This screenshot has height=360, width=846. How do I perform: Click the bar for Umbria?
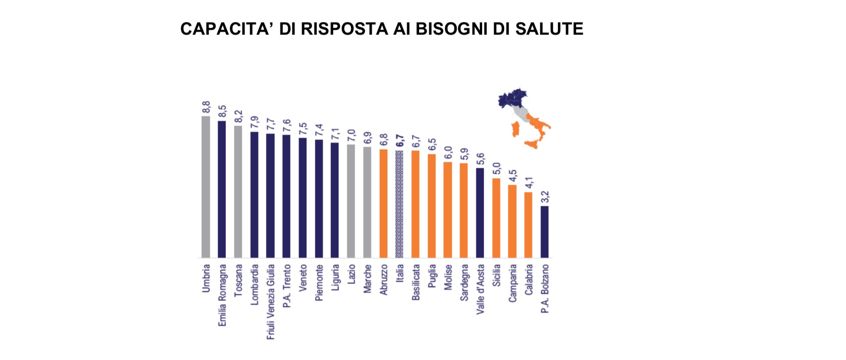206,187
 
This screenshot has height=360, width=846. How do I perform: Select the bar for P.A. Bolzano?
544,232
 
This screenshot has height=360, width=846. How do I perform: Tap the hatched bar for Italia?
399,204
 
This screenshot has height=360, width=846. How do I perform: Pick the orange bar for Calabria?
528,225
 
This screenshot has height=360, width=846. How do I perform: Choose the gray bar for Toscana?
238,192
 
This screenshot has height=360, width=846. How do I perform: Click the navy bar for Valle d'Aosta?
480,213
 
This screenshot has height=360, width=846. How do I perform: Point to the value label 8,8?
206,108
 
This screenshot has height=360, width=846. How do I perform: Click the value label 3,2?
544,197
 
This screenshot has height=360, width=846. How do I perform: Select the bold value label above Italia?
399,141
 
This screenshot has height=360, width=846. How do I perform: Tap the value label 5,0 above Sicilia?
496,169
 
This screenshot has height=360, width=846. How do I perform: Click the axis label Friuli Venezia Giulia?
271,302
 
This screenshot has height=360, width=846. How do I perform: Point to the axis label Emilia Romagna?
222,295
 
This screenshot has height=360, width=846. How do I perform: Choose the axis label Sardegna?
464,283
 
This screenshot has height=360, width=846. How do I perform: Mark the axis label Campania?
512,283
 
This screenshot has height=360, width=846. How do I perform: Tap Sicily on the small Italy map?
532,144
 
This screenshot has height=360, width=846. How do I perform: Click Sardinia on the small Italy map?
515,129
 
